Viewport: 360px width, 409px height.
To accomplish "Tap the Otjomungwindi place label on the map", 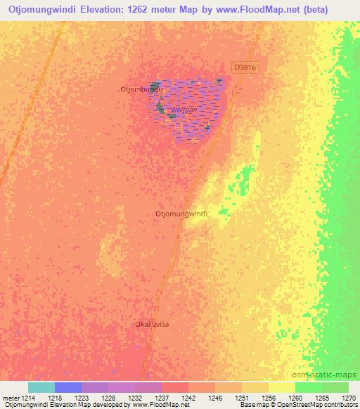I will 181,213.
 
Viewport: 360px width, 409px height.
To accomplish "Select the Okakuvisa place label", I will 153,324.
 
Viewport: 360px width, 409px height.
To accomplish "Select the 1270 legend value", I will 348,397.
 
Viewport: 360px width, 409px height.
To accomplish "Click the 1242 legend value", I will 188,397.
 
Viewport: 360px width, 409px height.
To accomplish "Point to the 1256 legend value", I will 269,397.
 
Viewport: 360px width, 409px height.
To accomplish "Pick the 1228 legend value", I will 108,397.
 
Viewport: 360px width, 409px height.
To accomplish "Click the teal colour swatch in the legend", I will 41,387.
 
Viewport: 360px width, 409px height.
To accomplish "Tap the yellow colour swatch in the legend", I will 282,387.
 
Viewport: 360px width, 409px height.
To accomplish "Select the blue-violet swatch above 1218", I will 68,387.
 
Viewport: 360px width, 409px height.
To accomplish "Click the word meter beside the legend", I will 11,397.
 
